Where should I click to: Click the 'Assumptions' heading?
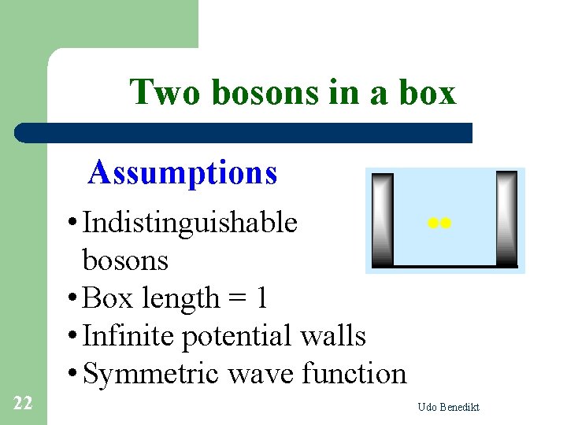[183, 172]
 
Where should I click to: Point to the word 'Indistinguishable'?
[190, 223]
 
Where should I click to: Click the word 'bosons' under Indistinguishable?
[125, 260]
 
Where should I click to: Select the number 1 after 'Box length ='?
[261, 298]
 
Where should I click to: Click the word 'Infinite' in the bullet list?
[128, 336]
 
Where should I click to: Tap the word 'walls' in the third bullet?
[335, 336]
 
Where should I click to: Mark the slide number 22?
[23, 404]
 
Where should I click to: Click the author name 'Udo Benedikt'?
[449, 407]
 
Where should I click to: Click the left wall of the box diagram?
[383, 219]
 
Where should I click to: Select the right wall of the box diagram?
[506, 219]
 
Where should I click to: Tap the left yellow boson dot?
[432, 224]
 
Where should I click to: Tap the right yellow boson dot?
[445, 224]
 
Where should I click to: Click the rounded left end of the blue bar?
[22, 132]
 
